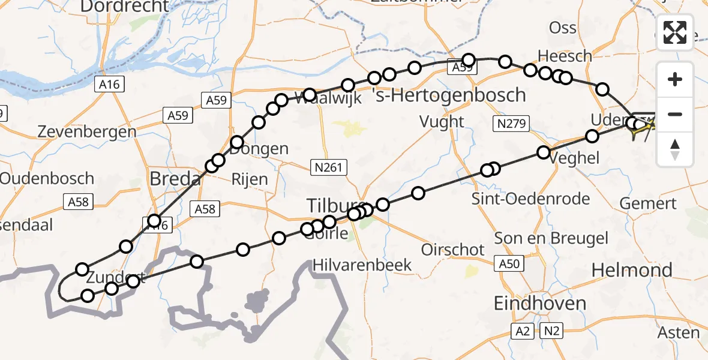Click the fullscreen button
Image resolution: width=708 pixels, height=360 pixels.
click(x=675, y=32)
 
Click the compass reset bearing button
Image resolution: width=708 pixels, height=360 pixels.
click(x=675, y=149)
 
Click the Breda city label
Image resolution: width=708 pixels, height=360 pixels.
click(x=175, y=179)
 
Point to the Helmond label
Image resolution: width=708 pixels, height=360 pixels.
click(x=632, y=271)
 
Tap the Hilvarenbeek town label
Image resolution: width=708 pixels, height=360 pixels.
click(x=362, y=265)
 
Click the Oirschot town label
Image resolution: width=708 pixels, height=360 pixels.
click(x=453, y=250)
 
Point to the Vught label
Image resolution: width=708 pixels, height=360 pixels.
click(x=442, y=122)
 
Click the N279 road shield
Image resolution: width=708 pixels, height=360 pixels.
click(x=511, y=124)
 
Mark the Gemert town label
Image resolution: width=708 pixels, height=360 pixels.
click(x=648, y=204)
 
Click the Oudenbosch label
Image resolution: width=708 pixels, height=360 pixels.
click(x=47, y=178)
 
